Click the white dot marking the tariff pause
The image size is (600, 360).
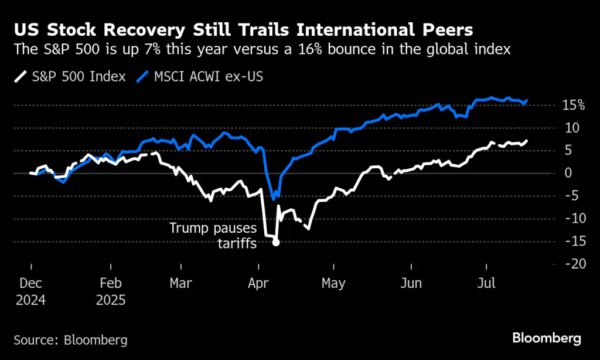click(276, 242)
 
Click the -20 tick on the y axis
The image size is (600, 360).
click(574, 264)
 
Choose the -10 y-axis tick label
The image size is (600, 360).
click(574, 219)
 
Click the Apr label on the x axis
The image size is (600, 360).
click(258, 283)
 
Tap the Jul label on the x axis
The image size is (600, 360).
click(486, 283)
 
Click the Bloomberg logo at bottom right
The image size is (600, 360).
click(547, 338)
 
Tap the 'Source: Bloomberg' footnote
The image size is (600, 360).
click(70, 339)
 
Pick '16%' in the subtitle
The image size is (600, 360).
click(359, 50)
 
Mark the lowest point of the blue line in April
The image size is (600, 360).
click(274, 199)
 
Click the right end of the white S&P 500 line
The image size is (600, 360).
click(527, 141)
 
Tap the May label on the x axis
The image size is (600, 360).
click(333, 283)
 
